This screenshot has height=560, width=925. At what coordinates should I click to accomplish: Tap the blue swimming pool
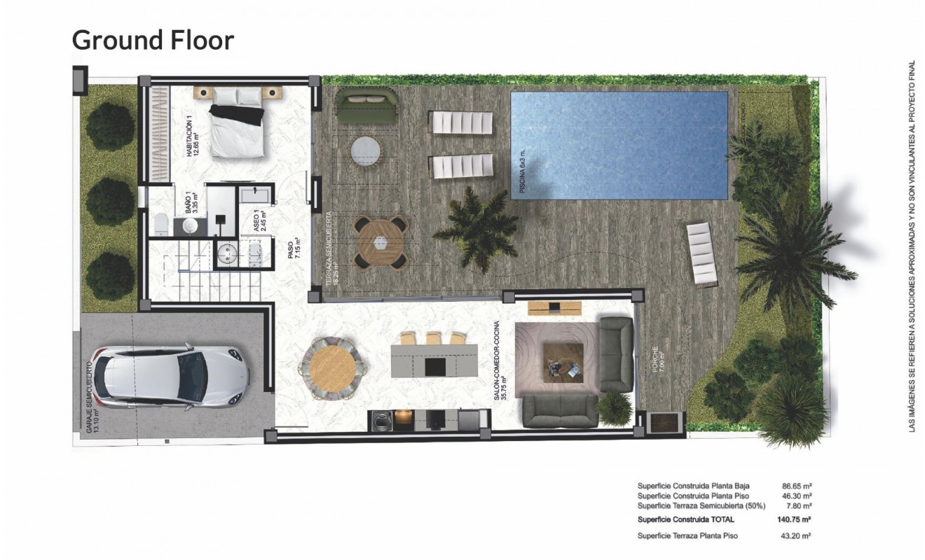coord(619,145)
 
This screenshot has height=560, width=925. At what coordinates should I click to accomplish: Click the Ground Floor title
coord(153,40)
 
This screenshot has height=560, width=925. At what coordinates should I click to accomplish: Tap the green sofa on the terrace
coord(366,105)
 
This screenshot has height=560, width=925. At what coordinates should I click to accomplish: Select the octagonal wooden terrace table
coord(380,242)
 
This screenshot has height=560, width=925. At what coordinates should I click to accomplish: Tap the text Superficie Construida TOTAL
coord(685,519)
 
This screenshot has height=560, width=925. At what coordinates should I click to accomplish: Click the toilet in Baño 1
coord(160,223)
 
